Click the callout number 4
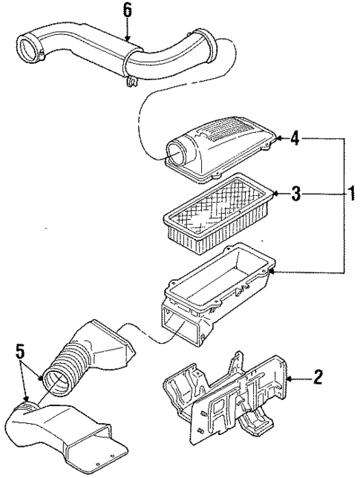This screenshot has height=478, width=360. [x=295, y=138]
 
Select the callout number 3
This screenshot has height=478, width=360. [x=295, y=195]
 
